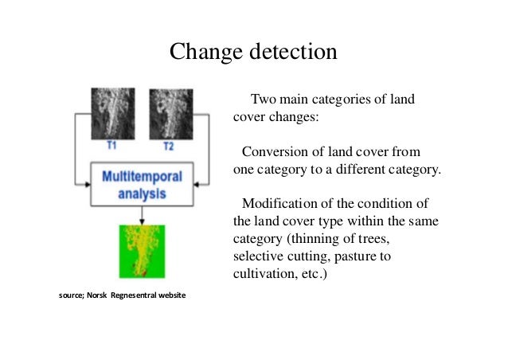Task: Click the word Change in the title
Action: pos(208,53)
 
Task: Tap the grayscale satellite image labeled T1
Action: pos(114,113)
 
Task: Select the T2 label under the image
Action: pos(168,147)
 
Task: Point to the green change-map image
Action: pos(142,252)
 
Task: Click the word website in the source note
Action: pos(170,296)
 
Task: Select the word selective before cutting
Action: pos(259,256)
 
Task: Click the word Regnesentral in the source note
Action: pos(132,296)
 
